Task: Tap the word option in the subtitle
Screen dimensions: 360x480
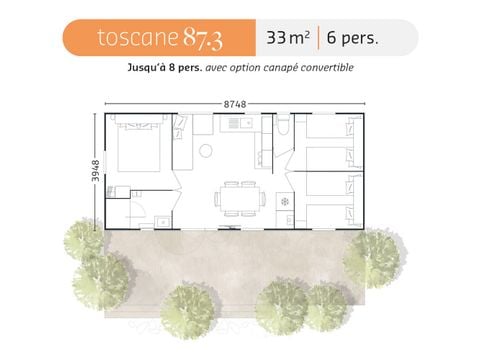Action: coord(255,68)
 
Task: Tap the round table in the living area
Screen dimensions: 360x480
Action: coord(205,152)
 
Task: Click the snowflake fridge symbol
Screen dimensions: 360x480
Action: coord(285,201)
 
